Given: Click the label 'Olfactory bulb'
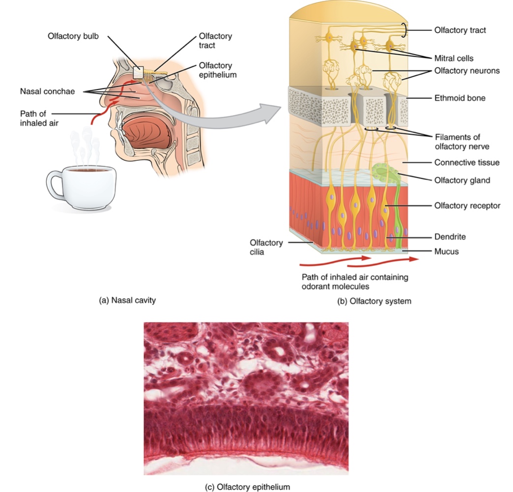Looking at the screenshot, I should pos(73,36).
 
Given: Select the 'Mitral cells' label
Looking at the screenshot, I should pos(453,58).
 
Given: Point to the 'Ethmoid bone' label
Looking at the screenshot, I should pos(460,98).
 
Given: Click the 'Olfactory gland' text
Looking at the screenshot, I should pos(462,180).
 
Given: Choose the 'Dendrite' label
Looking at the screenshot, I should pos(450,237).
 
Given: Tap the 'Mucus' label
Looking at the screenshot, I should pos(447,251).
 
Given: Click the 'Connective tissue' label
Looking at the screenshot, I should pos(467,162).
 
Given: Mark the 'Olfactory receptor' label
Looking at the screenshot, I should pos(467,206).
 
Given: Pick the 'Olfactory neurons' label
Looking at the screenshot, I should pos(467,71).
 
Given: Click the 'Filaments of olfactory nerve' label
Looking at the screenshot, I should pos(457,141).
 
